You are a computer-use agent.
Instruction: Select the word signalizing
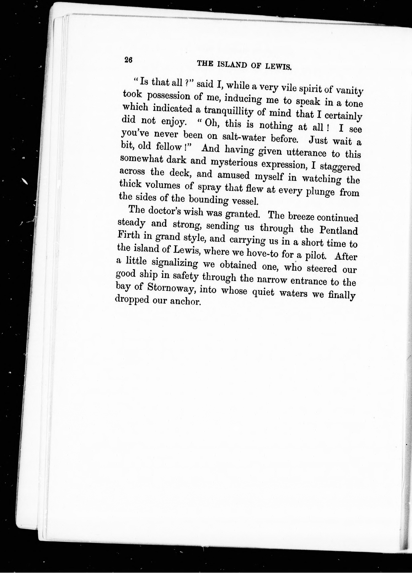click(174, 263)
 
